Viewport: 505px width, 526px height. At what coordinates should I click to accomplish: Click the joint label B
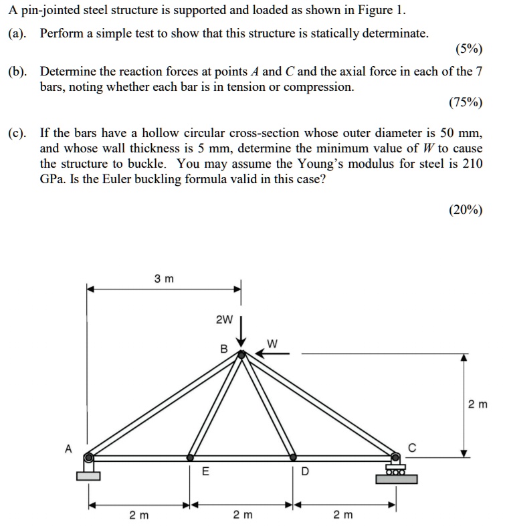[x=224, y=348]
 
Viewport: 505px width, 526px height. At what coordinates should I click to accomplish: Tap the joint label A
[x=68, y=449]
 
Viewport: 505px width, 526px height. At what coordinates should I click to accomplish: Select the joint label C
[x=413, y=448]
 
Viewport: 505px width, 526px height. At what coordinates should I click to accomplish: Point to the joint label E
[x=205, y=471]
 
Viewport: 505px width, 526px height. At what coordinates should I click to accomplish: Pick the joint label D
[x=305, y=471]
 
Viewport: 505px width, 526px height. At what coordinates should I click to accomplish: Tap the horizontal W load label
[x=272, y=344]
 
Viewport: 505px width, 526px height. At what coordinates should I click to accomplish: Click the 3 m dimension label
[x=164, y=279]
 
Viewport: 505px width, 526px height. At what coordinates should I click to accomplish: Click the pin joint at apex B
[x=242, y=355]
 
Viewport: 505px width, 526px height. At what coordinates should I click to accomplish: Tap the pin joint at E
[x=190, y=458]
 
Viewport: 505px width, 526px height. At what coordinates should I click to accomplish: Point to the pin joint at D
[x=292, y=458]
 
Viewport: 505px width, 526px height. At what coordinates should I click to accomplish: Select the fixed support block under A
[x=88, y=475]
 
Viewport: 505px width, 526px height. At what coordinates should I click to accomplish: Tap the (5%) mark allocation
[x=468, y=49]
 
